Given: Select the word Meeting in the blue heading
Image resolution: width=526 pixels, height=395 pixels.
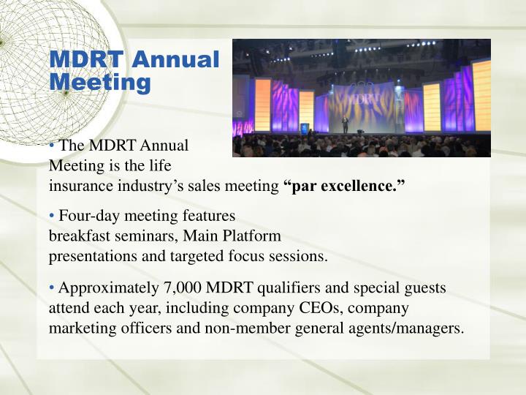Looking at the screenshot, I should (99, 82).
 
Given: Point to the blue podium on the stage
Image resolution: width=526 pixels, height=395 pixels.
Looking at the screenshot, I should (305, 129).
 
